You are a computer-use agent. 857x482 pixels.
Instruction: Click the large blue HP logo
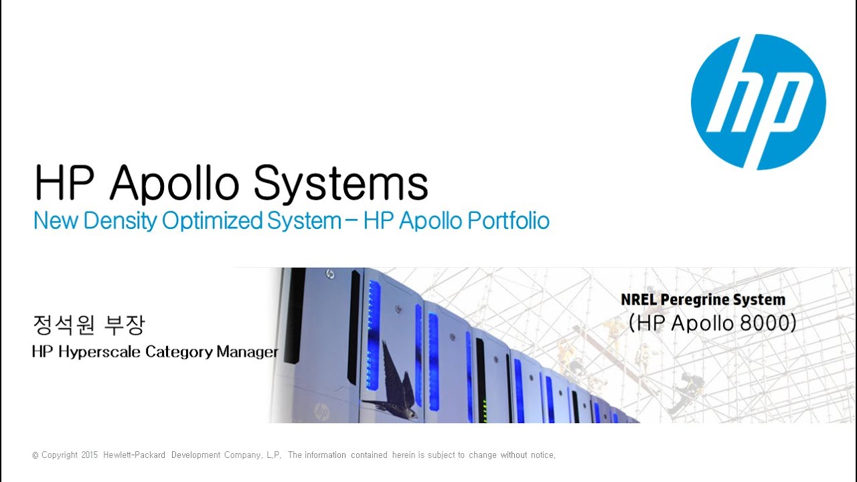[x=758, y=102]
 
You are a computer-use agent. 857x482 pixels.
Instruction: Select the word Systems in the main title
[x=341, y=182]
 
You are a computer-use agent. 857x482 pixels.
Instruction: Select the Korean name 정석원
[x=64, y=325]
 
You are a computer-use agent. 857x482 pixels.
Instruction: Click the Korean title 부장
[x=125, y=325]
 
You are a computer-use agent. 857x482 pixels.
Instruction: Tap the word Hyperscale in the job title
[x=100, y=351]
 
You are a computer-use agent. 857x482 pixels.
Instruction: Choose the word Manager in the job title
[x=247, y=351]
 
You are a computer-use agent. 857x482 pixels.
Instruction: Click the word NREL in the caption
[x=639, y=300]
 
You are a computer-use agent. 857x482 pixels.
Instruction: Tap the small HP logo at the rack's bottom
[x=321, y=410]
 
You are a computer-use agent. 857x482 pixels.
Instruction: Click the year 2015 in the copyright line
[x=90, y=455]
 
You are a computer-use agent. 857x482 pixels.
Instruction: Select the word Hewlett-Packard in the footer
[x=134, y=455]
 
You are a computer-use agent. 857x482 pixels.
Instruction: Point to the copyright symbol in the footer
[x=35, y=455]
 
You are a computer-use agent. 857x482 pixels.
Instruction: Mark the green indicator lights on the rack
[x=483, y=406]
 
